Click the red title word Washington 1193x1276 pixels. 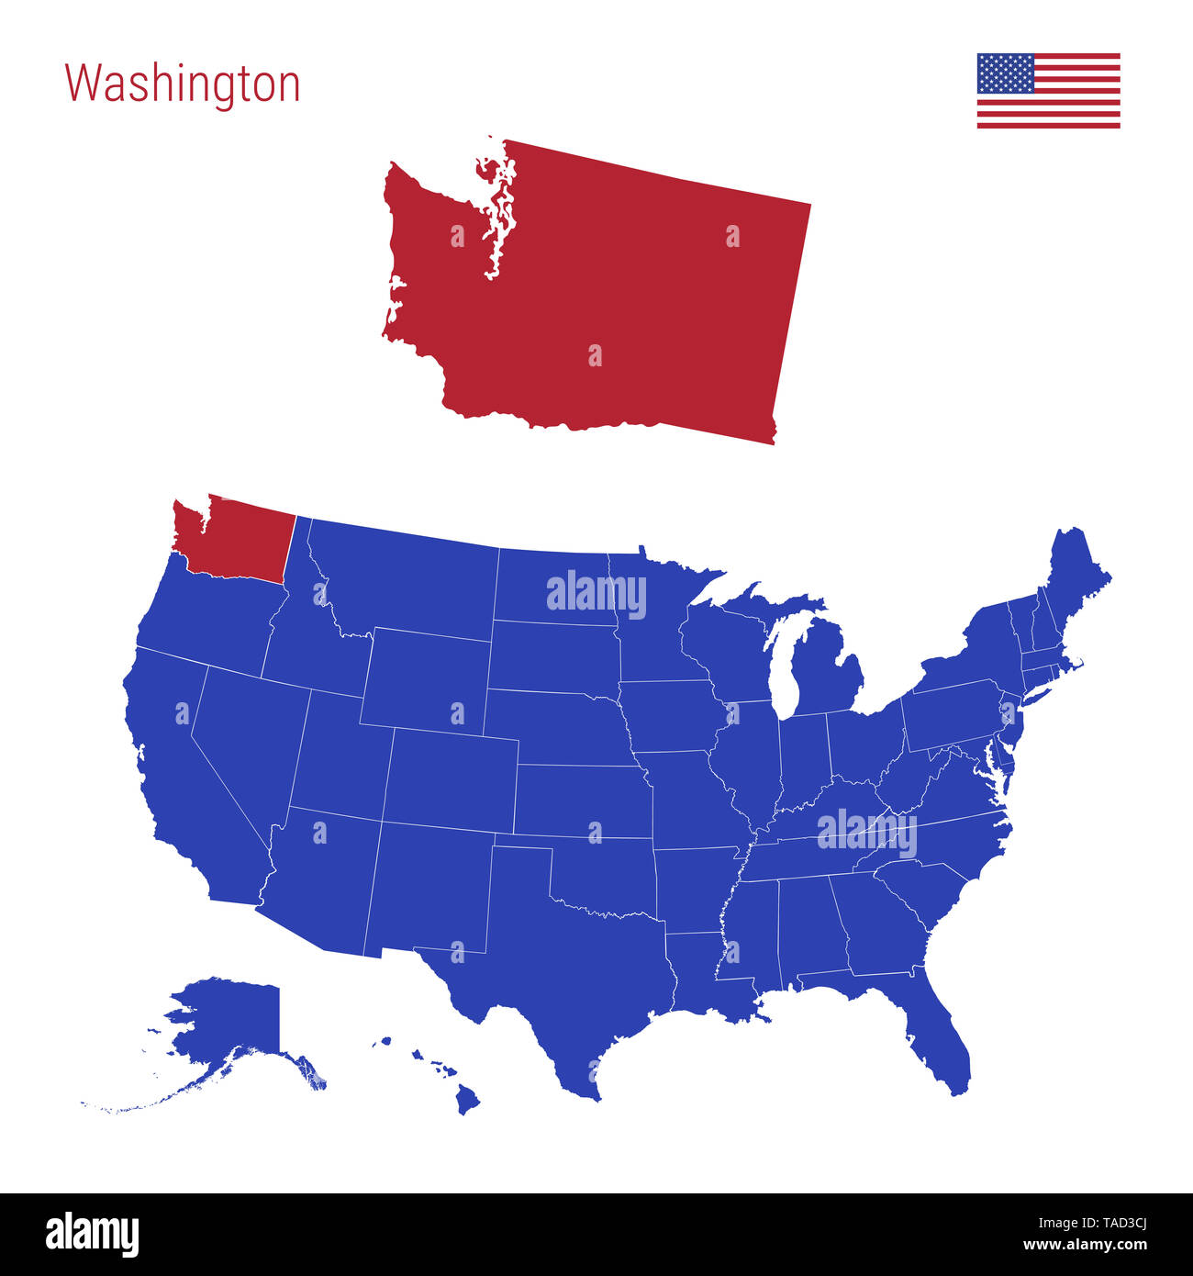pyautogui.click(x=182, y=84)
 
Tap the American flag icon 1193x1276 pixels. pyautogui.click(x=1048, y=91)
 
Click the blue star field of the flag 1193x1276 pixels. pyautogui.click(x=1005, y=73)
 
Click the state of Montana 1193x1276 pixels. pyautogui.click(x=404, y=578)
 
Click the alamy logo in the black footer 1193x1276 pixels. pyautogui.click(x=92, y=1234)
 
